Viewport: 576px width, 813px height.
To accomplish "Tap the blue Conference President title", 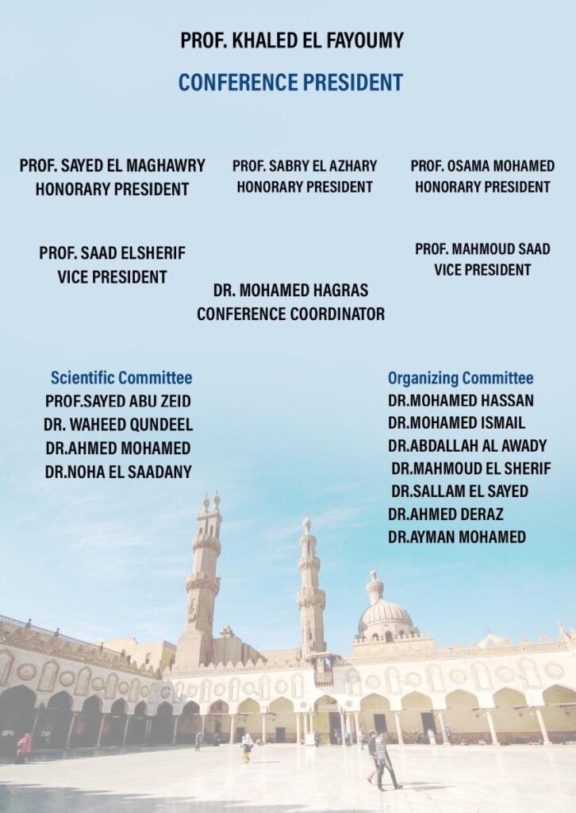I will pos(290,82).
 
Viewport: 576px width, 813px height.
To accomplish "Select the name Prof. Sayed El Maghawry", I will pos(112,166).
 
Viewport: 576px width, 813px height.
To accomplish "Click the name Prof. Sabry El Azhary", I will pos(305,166).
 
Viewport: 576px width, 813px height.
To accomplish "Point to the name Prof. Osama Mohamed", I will pos(482,166).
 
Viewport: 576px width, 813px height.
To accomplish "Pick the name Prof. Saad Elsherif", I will pos(112,253).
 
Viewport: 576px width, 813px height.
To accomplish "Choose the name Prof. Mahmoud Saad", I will pos(482,249).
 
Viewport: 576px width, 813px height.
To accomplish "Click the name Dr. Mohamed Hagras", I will pos(290,291).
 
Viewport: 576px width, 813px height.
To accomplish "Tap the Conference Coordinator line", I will pos(290,314).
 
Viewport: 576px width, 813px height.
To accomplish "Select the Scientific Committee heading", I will pos(121,378).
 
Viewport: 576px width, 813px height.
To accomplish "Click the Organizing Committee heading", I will pos(460,378).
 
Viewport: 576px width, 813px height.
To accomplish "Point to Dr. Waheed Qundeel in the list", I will pos(118,425).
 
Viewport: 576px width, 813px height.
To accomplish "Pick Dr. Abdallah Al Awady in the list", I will pos(467,445).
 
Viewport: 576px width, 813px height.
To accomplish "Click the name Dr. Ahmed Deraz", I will pos(445,514).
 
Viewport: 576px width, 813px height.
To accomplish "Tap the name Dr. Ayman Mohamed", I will pos(456,538).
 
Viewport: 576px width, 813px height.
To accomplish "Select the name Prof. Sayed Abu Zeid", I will pos(117,401).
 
